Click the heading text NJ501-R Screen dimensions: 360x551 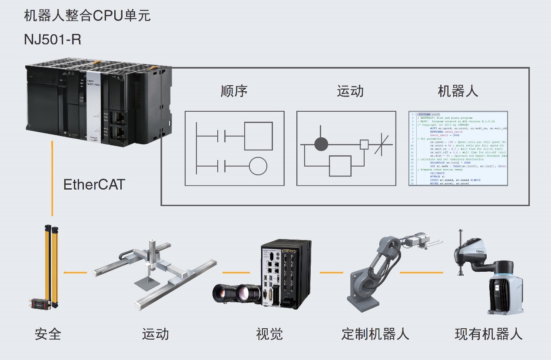point(53,40)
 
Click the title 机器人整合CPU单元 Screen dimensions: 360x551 point(87,16)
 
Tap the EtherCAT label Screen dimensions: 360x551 point(94,184)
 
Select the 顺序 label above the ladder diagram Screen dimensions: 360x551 point(234,91)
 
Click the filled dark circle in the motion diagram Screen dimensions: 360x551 point(321,144)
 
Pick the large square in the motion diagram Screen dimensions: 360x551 point(340,165)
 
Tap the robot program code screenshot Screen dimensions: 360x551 point(458,149)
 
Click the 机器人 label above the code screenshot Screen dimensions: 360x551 point(458,91)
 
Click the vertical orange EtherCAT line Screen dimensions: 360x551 point(52,178)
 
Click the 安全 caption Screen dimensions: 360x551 point(48,334)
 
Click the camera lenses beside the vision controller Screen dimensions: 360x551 point(237,293)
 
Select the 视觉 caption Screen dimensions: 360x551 point(269,334)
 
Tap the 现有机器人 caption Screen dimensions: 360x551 point(488,334)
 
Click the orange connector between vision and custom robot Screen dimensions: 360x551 point(332,273)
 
